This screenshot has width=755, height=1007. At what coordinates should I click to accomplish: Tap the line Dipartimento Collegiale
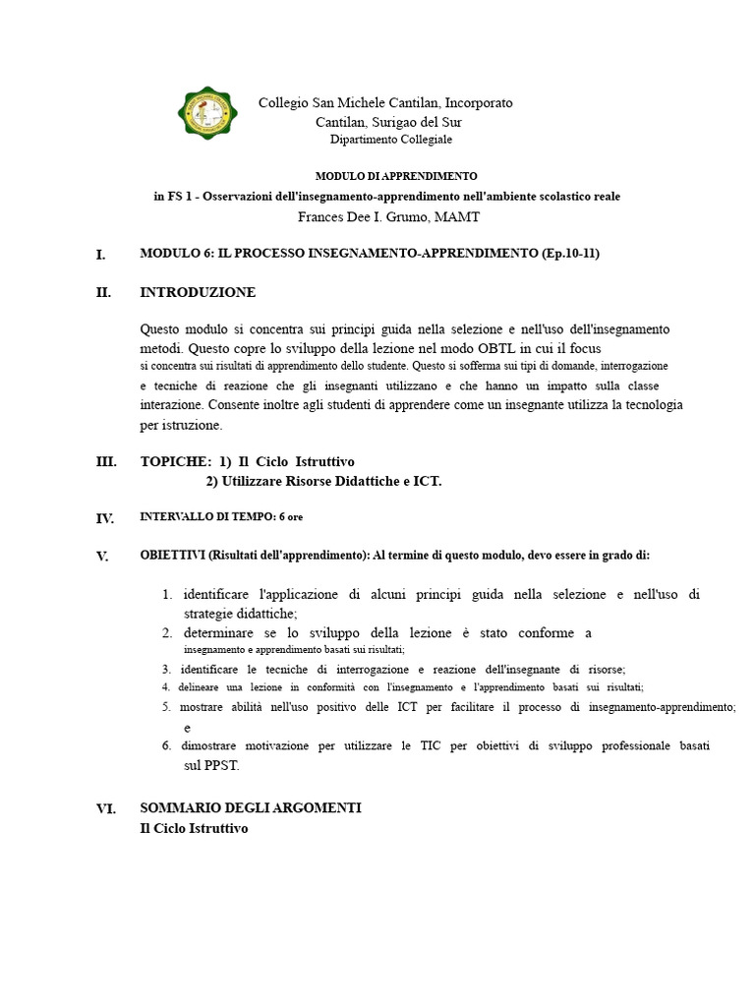(391, 141)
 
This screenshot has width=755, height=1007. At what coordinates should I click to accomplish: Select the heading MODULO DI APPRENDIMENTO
(396, 176)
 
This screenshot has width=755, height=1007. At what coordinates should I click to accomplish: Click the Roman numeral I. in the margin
(100, 255)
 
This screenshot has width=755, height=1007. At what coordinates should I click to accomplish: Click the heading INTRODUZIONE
(198, 292)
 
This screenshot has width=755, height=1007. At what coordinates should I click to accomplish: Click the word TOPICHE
(175, 461)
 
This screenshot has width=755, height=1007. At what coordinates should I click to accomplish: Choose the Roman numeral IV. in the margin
(105, 518)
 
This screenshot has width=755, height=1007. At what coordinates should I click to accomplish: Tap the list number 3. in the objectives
(166, 670)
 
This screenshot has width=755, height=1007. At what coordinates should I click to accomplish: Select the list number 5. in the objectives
(166, 707)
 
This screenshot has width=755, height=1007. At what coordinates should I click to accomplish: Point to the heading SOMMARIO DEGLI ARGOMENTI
(251, 807)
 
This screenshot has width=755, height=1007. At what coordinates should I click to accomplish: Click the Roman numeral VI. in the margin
(105, 809)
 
